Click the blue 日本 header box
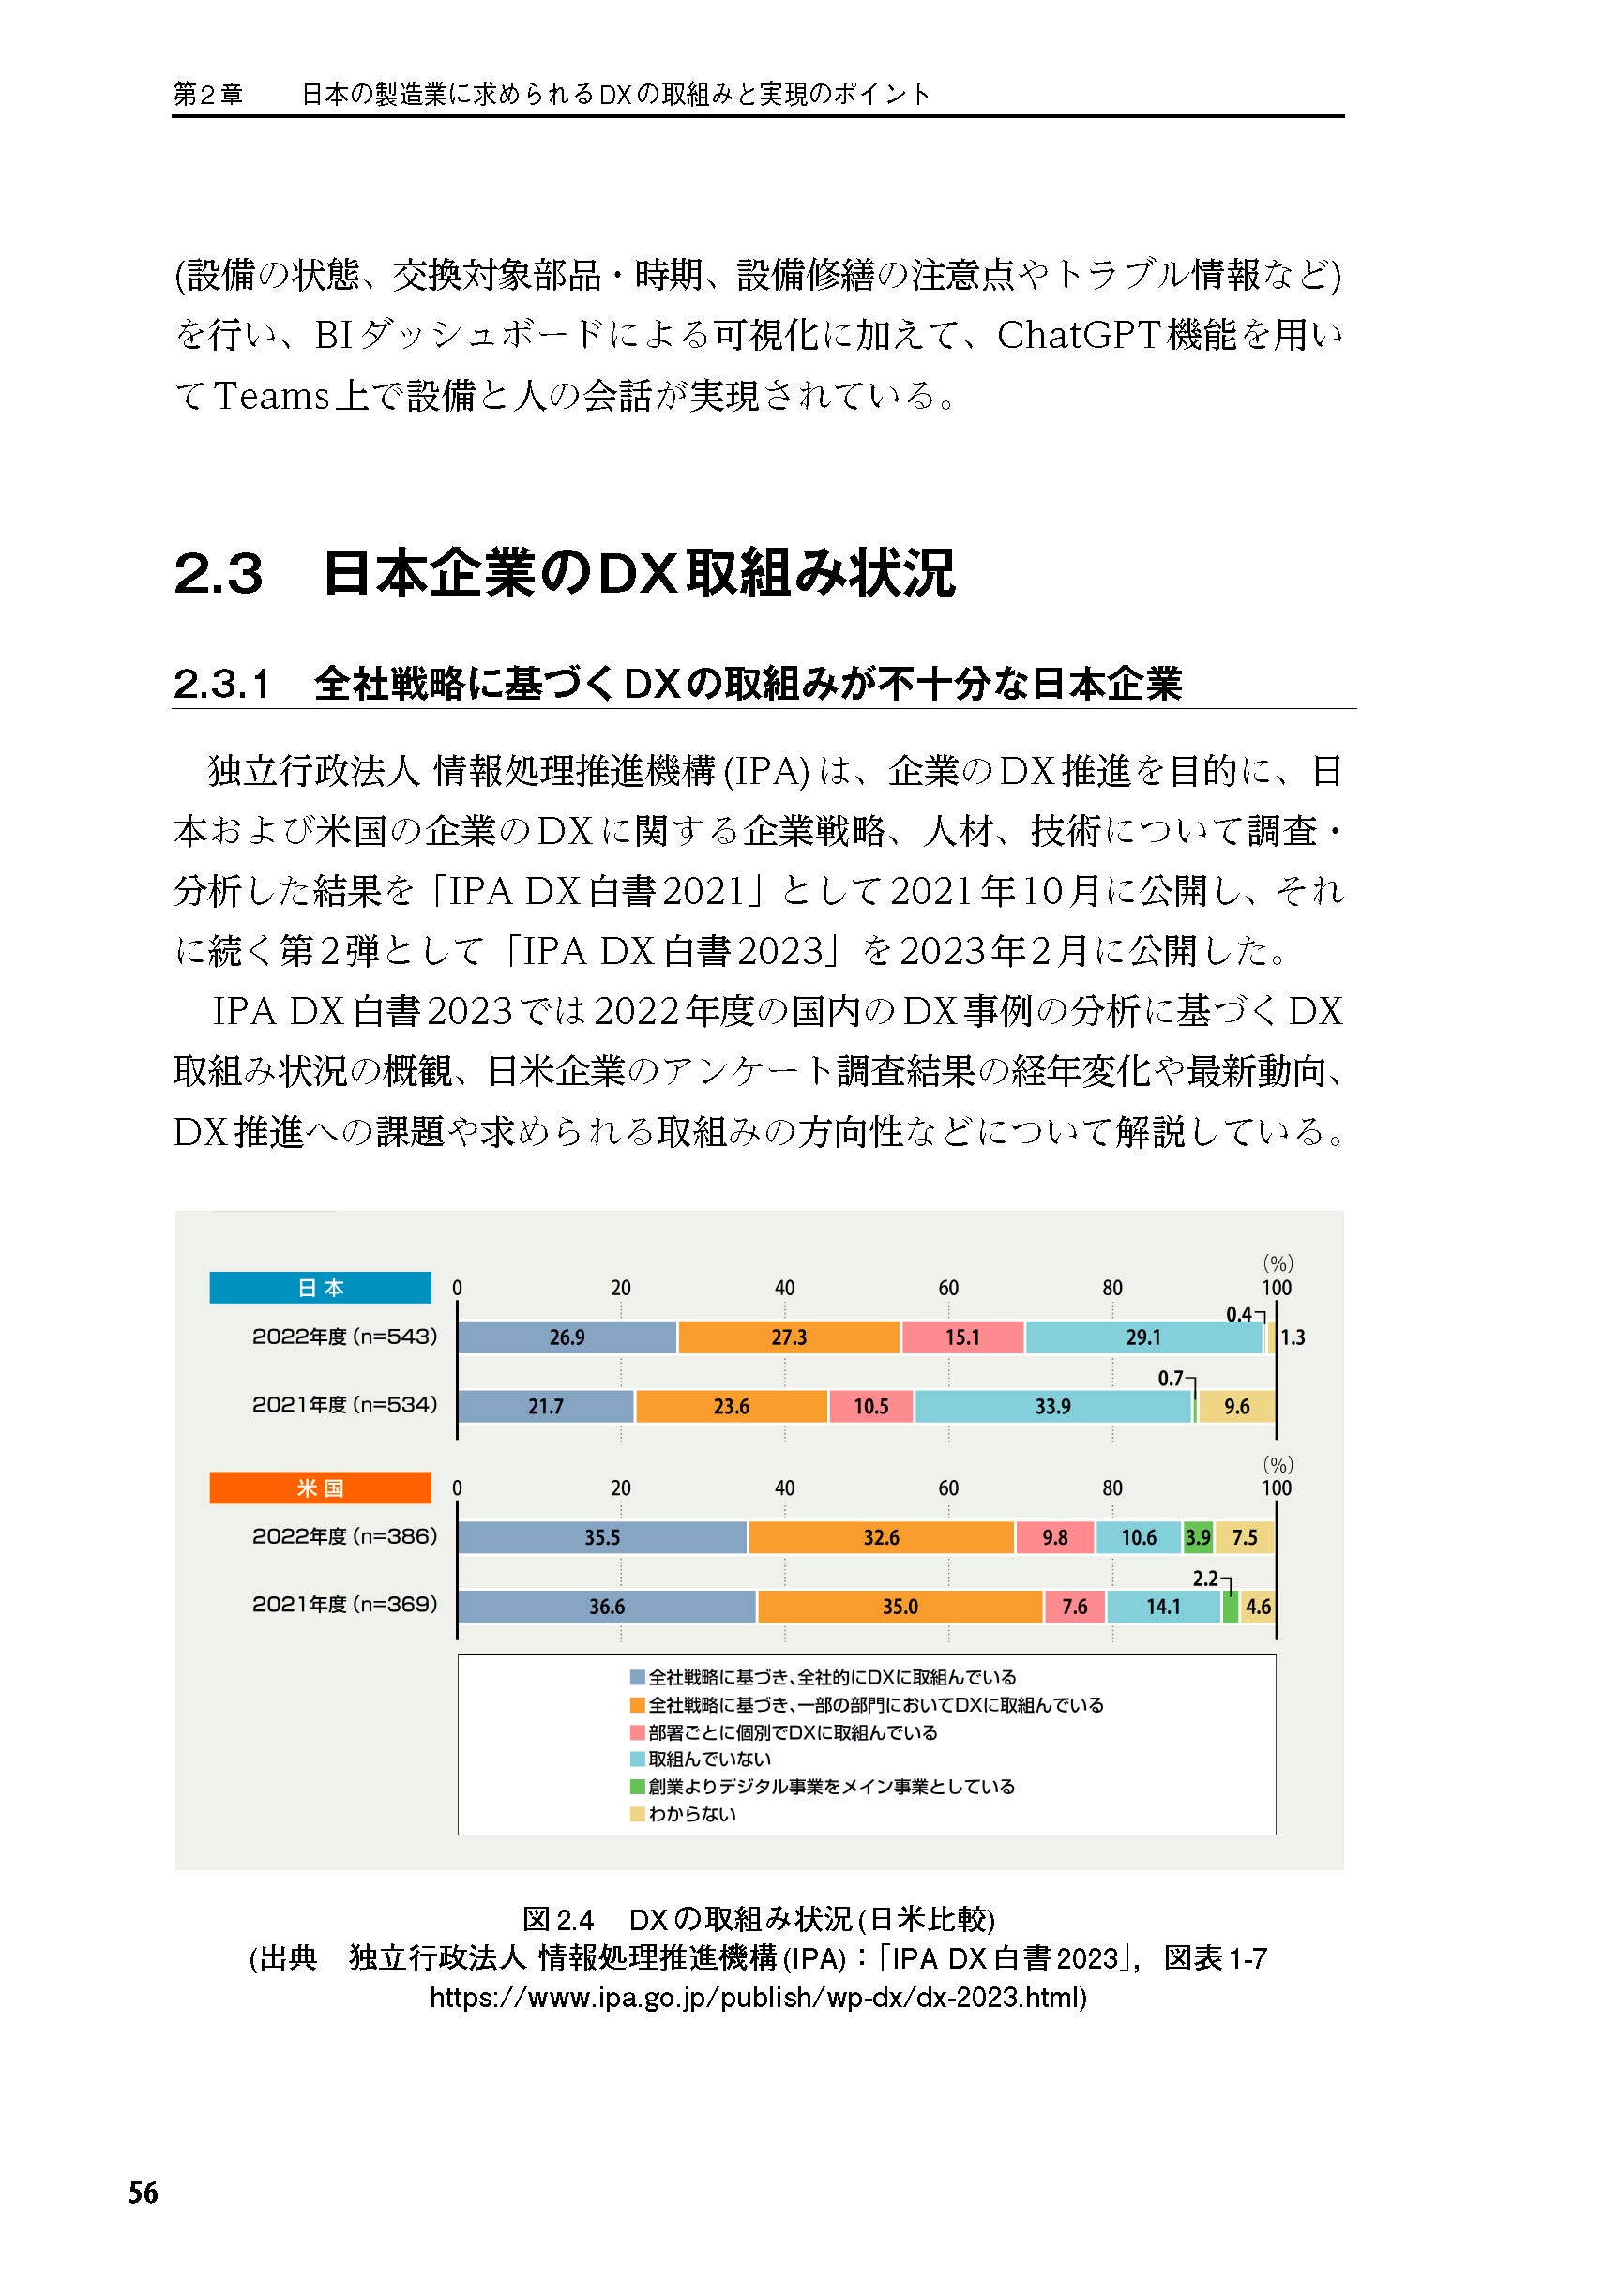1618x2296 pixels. coord(320,1287)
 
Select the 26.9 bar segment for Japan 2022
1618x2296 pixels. coord(567,1337)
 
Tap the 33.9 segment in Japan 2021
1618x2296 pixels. coord(1052,1406)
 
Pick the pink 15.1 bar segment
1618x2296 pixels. coord(962,1337)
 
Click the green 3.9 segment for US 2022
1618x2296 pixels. coord(1197,1537)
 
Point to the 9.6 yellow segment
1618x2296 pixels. coord(1236,1406)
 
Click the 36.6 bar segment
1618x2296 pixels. coord(606,1606)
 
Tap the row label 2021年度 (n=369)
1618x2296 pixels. coord(344,1604)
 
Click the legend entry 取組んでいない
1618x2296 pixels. coord(709,1759)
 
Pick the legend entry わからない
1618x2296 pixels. coord(691,1814)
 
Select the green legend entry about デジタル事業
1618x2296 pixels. coord(830,1787)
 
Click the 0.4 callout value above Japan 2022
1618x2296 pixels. coord(1238,1314)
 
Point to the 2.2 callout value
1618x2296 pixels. coord(1205,1579)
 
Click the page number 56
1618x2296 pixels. coord(143,2193)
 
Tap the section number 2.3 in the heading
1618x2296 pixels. coord(218,574)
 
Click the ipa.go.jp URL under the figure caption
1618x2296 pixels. coord(757,1997)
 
